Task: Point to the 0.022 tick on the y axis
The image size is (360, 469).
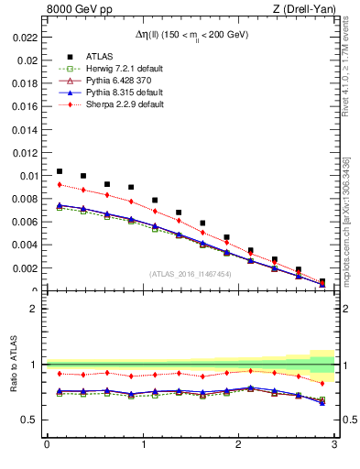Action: [x=26, y=38]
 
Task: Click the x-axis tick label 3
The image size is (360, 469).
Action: [x=334, y=445]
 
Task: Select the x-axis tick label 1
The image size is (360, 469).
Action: [x=142, y=445]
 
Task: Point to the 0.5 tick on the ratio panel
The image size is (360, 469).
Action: [x=30, y=420]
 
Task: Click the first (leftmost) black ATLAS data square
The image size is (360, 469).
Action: [x=60, y=171]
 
